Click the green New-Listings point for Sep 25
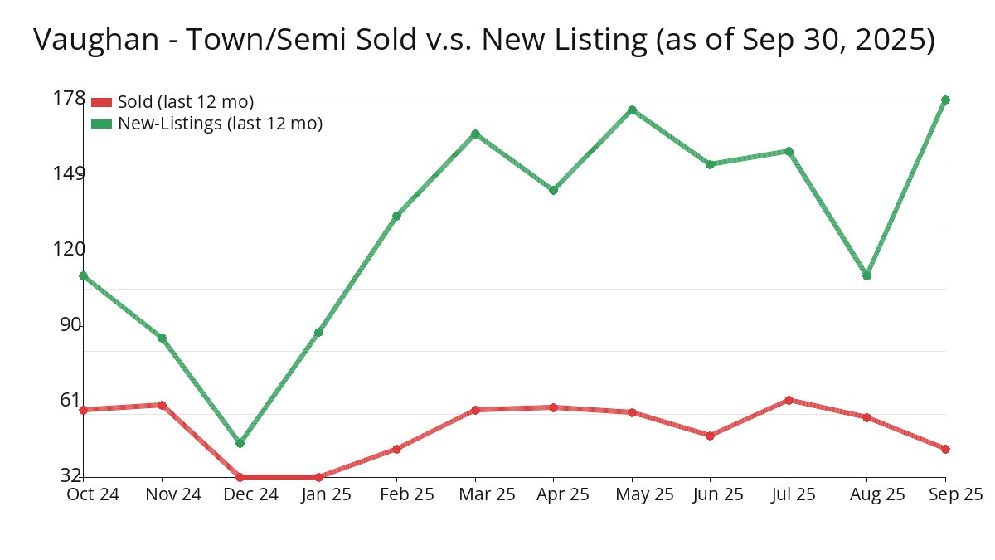point(945,100)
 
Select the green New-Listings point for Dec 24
point(240,443)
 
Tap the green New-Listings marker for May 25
point(632,110)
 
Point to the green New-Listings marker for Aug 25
point(866,275)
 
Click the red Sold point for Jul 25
point(789,400)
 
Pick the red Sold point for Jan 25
point(318,477)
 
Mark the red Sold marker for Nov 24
point(162,405)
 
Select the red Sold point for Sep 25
point(945,449)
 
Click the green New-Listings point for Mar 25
point(475,134)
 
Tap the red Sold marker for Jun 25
point(710,436)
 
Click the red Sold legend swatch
point(101,102)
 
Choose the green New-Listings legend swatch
point(101,124)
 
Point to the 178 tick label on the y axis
point(69,98)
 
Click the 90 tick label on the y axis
point(72,324)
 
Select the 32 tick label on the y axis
point(71,475)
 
